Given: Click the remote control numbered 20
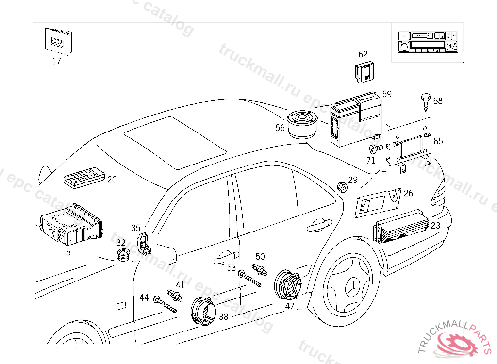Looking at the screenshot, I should click(83, 177).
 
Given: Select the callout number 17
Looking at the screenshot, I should click(56, 61).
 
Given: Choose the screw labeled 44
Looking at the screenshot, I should click(165, 304).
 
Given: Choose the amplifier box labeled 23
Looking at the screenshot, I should click(402, 227).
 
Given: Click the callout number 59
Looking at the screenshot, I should click(387, 94).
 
